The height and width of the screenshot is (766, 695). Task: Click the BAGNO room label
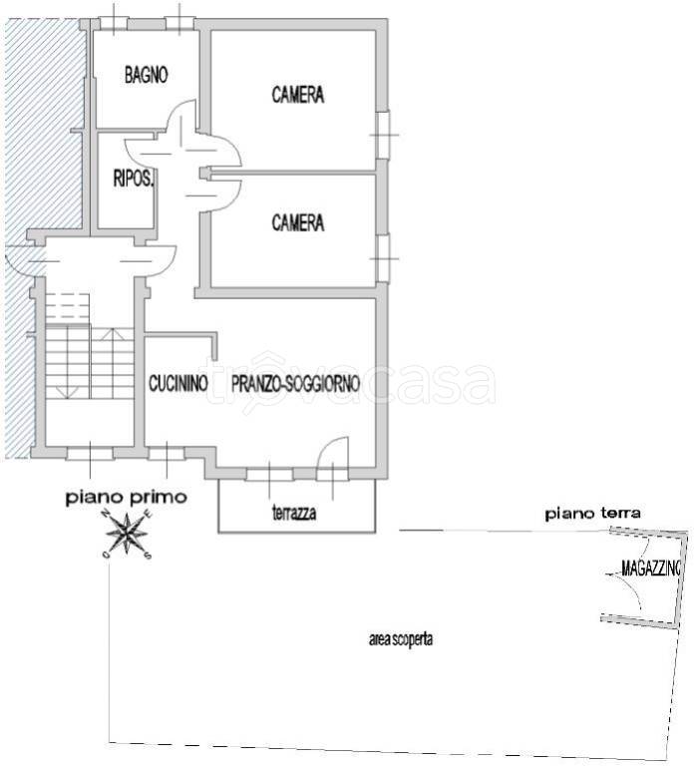[146, 75]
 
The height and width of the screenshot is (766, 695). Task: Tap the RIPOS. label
[134, 179]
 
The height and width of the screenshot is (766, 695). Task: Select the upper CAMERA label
[298, 95]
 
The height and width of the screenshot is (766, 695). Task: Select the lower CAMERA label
[298, 222]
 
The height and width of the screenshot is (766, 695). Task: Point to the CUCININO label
[178, 383]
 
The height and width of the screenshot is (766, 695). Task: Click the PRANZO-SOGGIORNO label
[295, 383]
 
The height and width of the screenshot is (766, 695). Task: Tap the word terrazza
[294, 513]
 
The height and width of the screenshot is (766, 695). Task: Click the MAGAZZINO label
[651, 568]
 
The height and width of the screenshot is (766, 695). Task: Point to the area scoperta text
[401, 639]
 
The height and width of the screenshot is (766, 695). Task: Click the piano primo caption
[127, 498]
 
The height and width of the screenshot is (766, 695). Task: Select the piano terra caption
[593, 514]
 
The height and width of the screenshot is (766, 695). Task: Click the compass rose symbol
[127, 533]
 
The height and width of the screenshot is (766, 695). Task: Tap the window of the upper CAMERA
[383, 135]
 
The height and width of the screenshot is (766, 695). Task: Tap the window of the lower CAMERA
[383, 258]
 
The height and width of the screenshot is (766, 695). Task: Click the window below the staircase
[90, 454]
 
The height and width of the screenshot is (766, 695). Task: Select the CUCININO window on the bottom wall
[167, 454]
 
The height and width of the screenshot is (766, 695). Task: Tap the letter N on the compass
[105, 514]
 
